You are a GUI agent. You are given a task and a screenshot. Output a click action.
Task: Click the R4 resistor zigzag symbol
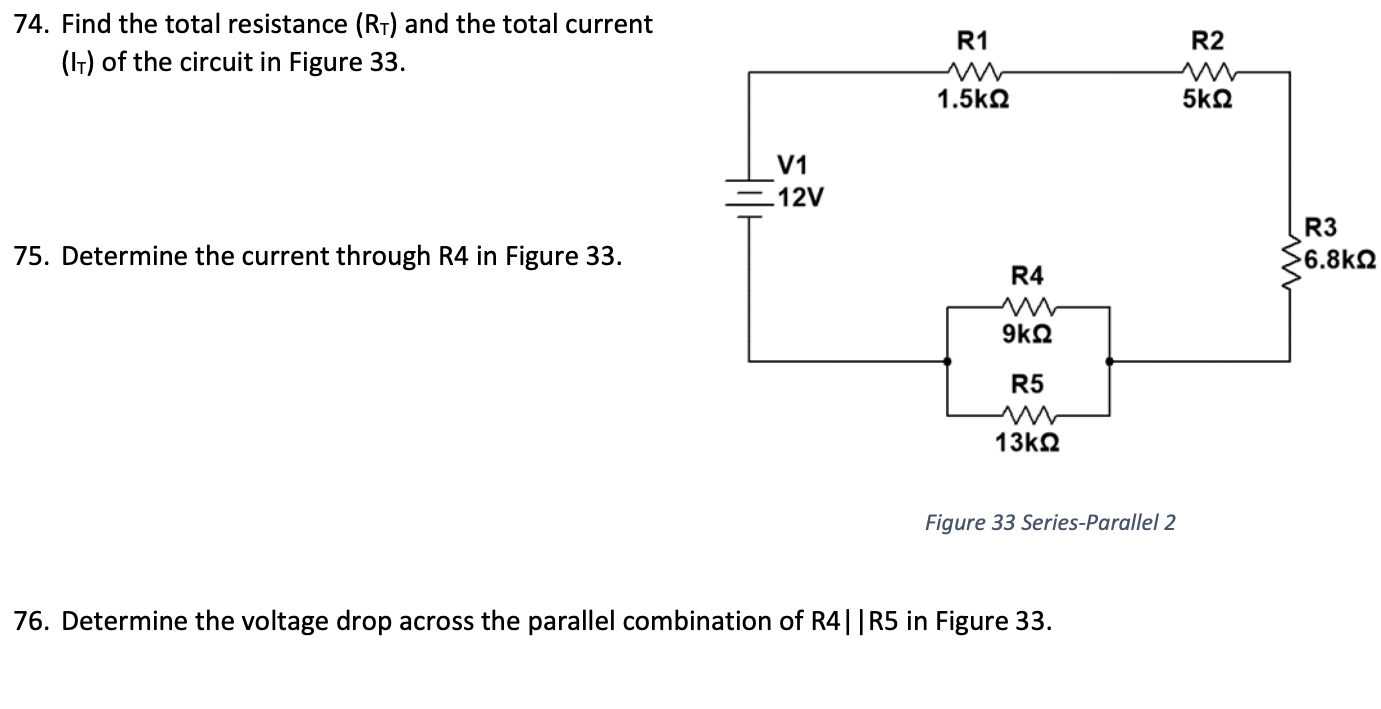coord(1027,307)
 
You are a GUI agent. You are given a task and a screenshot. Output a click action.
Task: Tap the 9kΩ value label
coord(1027,334)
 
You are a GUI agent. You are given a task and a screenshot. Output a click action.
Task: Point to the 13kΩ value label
coord(1027,442)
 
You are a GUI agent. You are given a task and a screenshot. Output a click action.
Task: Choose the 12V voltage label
coord(801,197)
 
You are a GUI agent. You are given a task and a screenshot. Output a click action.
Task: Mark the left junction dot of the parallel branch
coord(948,361)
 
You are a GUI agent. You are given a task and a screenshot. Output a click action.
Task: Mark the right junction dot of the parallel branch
coord(1108,361)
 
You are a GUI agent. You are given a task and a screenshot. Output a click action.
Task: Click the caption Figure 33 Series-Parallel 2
coord(1049,522)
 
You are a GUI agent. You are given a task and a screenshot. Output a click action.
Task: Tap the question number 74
coord(33,24)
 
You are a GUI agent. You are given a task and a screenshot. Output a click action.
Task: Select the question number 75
coord(33,257)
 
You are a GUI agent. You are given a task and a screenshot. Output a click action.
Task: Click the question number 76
coord(33,622)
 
